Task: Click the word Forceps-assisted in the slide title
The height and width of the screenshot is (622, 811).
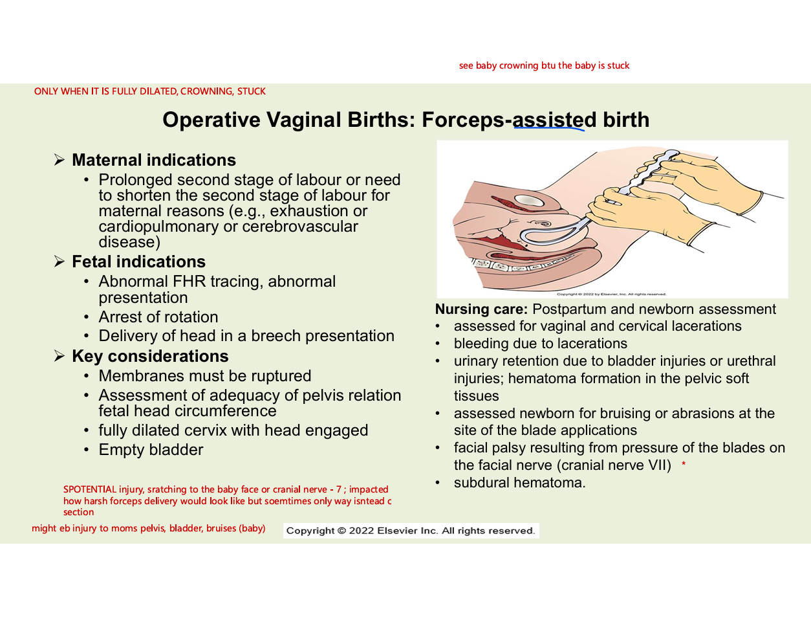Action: [x=509, y=120]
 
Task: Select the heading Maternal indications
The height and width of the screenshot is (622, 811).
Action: [x=154, y=160]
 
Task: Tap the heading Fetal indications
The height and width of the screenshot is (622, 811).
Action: [x=138, y=261]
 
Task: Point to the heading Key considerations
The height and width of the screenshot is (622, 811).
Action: [x=150, y=356]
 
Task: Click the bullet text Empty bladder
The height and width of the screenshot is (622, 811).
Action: [x=151, y=450]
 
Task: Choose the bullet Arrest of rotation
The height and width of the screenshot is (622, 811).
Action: [x=158, y=317]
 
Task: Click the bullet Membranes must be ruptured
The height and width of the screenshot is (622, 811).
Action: [x=205, y=376]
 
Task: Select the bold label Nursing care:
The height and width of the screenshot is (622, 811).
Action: [x=481, y=309]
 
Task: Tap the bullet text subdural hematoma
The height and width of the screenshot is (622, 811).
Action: [x=519, y=483]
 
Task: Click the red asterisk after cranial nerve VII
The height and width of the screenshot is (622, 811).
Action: [x=684, y=465]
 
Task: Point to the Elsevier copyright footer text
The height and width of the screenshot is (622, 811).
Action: [x=411, y=531]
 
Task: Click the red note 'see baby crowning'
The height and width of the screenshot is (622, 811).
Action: [x=544, y=65]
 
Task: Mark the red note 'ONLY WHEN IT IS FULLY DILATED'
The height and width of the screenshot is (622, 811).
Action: [x=150, y=91]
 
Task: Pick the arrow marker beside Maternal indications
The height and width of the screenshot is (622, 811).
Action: [x=59, y=160]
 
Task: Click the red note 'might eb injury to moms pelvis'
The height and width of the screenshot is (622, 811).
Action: [x=148, y=528]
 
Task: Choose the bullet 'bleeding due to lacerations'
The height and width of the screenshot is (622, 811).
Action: [x=540, y=344]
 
